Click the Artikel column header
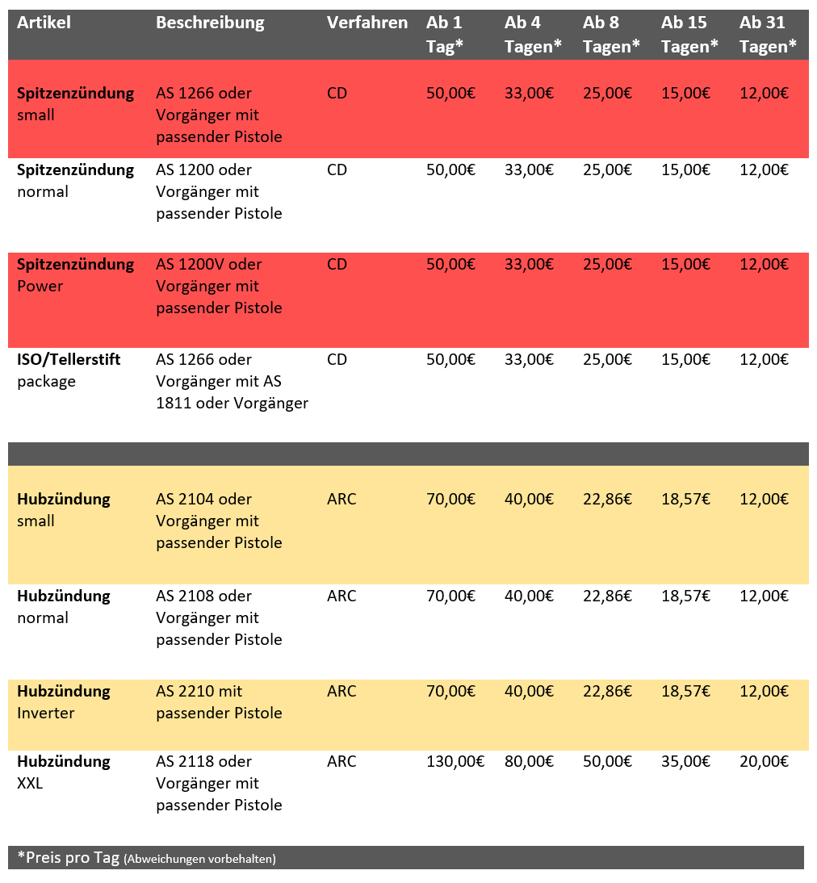tap(44, 23)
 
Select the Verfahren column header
tap(367, 23)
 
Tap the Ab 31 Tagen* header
tap(767, 35)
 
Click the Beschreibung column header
tap(210, 23)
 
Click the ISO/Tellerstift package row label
tap(69, 370)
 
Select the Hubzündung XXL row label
tap(64, 772)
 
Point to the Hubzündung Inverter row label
tap(64, 701)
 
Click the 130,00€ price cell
tap(455, 761)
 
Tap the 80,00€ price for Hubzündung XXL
tap(529, 761)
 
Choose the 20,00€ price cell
tap(764, 761)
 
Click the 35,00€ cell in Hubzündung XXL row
tap(685, 761)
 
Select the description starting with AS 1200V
tap(219, 286)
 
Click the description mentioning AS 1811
tap(232, 381)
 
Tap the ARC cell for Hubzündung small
tap(341, 500)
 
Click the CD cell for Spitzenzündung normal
tap(337, 170)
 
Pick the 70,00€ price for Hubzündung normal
tap(450, 596)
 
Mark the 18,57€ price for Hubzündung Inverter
tap(685, 692)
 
